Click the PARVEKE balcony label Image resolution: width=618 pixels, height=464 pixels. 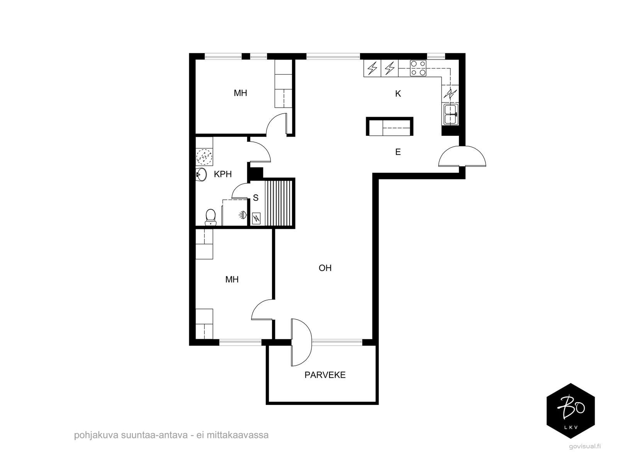click(x=325, y=375)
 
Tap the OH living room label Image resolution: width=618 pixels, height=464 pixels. click(x=325, y=268)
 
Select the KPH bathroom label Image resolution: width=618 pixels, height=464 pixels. click(x=223, y=174)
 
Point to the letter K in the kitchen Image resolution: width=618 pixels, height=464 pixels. click(x=398, y=94)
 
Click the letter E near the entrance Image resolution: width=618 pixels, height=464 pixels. click(x=398, y=152)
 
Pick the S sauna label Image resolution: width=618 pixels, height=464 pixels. click(x=256, y=198)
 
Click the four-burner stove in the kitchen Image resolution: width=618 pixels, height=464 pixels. click(x=418, y=68)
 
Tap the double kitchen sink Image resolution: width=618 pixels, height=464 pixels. click(x=451, y=114)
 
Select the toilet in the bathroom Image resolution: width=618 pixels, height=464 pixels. click(x=211, y=217)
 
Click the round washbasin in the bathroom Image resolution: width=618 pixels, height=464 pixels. click(x=201, y=174)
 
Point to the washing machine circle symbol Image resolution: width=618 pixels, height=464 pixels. click(x=204, y=157)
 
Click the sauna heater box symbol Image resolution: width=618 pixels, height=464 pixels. click(x=256, y=218)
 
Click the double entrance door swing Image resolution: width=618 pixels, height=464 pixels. click(x=462, y=156)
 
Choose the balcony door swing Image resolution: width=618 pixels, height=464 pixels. click(x=302, y=342)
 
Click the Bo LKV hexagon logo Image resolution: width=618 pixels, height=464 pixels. click(x=570, y=411)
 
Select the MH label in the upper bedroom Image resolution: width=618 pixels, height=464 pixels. click(x=241, y=93)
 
